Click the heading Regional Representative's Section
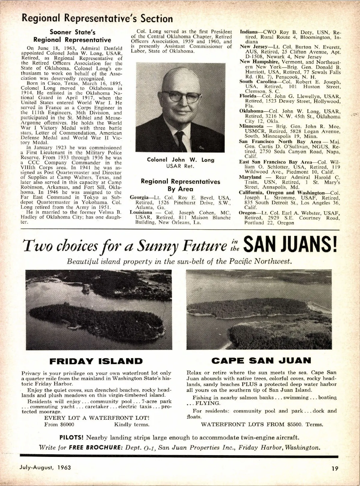(x=97, y=19)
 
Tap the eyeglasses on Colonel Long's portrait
(x=183, y=98)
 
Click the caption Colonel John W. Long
(x=181, y=160)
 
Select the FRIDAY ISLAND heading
(x=96, y=361)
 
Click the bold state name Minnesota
(x=251, y=126)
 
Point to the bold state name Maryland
(x=250, y=177)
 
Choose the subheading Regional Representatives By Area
(x=180, y=185)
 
